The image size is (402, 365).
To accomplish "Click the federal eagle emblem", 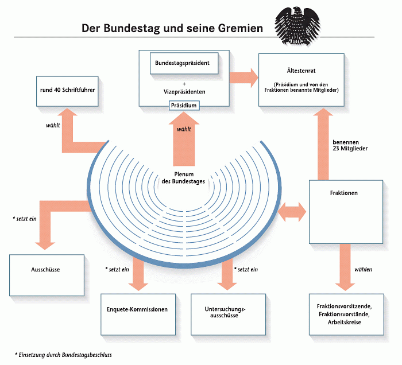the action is (297, 26).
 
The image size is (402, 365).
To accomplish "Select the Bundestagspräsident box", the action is (184, 63).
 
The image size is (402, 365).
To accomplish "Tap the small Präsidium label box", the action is (184, 105).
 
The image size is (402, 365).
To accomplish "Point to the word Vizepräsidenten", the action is (184, 92).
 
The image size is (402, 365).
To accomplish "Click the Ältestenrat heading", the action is (301, 71).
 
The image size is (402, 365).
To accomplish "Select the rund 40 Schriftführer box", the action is (67, 91).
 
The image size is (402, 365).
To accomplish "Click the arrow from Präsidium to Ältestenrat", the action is (243, 77).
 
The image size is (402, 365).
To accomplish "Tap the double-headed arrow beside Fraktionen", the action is (292, 212).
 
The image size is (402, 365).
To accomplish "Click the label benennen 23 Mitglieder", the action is (350, 145).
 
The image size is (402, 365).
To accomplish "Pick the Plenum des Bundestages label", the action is (183, 178).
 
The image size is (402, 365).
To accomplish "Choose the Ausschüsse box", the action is (47, 275).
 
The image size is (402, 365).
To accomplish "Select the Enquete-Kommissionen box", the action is (138, 314).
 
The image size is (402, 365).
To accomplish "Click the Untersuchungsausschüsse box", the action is (228, 314).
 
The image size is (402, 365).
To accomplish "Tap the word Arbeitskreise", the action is (345, 322).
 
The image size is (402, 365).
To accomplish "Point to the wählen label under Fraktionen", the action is (363, 270).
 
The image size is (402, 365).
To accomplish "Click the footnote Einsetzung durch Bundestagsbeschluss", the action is (63, 355).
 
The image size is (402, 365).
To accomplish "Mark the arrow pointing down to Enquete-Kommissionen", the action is (138, 274).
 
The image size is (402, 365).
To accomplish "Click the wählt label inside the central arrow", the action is (184, 129).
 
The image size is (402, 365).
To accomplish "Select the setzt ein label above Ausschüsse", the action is (25, 219).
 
